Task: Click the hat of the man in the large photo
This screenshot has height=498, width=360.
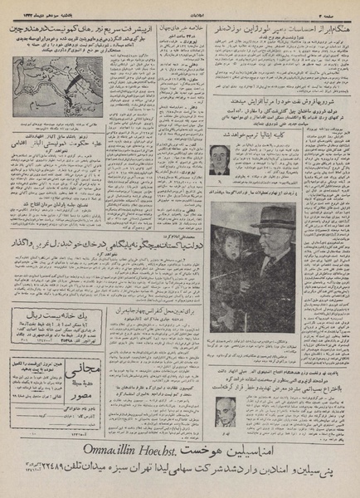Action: [x=275, y=218]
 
